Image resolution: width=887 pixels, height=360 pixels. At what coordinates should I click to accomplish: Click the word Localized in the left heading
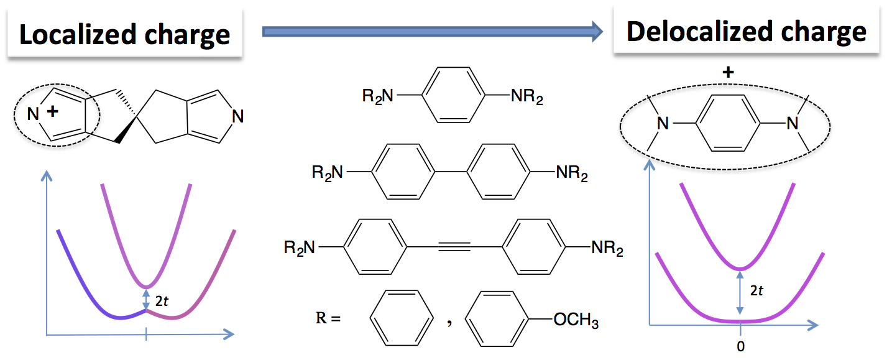[x=78, y=34]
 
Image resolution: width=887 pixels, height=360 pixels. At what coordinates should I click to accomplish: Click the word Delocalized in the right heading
[x=699, y=32]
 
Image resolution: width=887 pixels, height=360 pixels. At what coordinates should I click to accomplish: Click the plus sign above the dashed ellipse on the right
[x=728, y=72]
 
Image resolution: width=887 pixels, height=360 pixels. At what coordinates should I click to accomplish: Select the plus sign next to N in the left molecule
[x=52, y=111]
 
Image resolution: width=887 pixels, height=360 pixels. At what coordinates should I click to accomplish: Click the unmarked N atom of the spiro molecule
[x=237, y=116]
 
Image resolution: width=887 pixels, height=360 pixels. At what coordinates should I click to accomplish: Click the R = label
[x=328, y=318]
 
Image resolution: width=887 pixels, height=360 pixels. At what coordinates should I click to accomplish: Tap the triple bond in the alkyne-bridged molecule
[x=454, y=247]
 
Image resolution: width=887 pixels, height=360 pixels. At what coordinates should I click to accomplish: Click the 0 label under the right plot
[x=740, y=346]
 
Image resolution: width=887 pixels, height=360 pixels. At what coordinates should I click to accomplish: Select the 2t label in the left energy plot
[x=162, y=301]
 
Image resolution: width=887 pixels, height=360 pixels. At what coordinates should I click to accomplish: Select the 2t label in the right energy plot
[x=756, y=290]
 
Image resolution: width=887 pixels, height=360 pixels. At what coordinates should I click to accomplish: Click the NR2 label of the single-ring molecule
[x=526, y=96]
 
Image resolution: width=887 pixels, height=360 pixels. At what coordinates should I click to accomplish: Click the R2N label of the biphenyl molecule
[x=327, y=173]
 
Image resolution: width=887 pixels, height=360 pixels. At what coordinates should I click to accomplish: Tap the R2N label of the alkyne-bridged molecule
[x=300, y=248]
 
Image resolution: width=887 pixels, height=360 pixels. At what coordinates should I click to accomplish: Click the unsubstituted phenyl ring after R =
[x=402, y=290]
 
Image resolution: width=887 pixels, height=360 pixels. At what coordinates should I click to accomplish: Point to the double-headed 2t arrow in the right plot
[x=740, y=293]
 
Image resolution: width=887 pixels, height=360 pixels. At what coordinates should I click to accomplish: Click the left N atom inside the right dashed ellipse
[x=663, y=124]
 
